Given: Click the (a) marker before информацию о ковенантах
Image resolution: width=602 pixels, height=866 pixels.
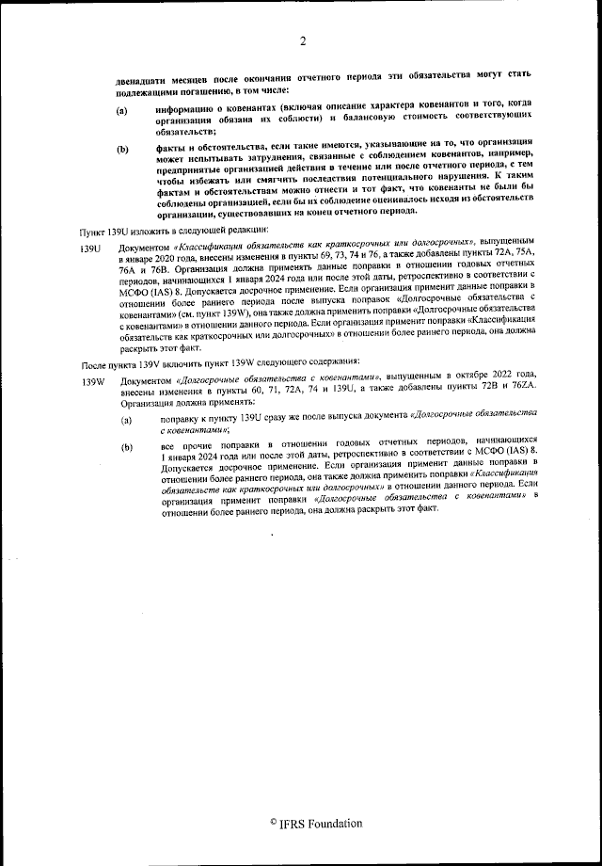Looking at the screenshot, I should (x=121, y=111).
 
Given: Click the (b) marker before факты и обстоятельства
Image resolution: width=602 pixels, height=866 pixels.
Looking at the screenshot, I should (x=122, y=149).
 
